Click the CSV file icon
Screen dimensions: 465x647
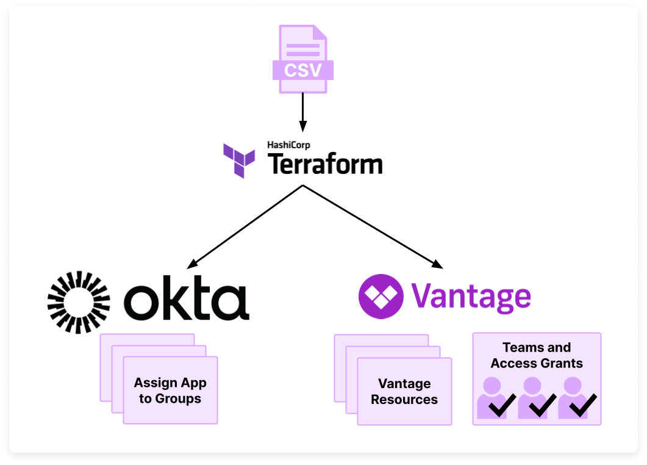point(302,59)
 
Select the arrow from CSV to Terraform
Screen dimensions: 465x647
point(302,110)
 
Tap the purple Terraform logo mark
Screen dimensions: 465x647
point(239,160)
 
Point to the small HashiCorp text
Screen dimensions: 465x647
point(288,145)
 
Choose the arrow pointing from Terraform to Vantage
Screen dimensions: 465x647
point(372,226)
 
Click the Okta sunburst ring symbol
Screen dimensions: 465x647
point(79,301)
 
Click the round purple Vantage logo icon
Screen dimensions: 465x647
point(381,297)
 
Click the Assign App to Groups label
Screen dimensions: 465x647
point(170,391)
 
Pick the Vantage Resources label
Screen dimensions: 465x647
point(404,391)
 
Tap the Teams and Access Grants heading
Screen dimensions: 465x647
point(537,355)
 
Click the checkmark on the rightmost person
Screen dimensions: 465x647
point(582,406)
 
